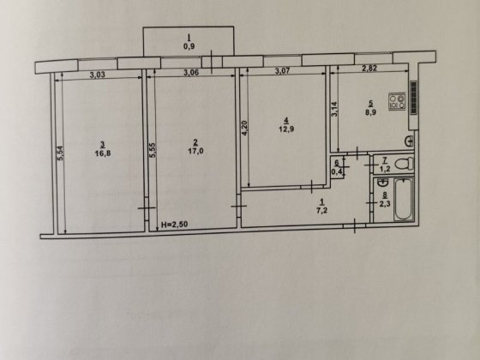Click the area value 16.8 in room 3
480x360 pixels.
pos(102,156)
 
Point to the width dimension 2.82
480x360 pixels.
pos(369,69)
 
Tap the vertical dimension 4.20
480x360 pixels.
pos(244,129)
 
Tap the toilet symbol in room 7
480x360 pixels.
pos(406,162)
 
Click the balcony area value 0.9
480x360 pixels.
pos(188,45)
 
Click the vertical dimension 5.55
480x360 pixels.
pos(152,152)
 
